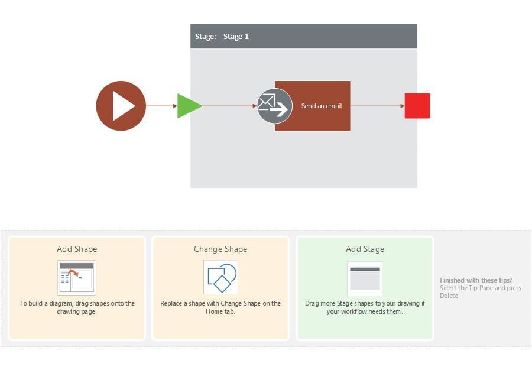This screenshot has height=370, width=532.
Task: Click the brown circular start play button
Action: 121,106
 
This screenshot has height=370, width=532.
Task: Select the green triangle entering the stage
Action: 188,106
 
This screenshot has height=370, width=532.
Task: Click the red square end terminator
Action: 417,106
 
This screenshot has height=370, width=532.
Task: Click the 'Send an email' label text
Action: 322,106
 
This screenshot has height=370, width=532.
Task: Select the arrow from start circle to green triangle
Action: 161,106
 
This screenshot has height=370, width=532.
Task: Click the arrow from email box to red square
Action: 377,106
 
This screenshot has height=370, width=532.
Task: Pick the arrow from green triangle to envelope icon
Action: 229,106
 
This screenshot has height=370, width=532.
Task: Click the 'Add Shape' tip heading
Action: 77,249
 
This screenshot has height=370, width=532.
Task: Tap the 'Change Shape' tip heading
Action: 220,249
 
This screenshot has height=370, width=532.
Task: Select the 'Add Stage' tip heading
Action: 365,249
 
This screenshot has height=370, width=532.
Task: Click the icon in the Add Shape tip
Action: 77,277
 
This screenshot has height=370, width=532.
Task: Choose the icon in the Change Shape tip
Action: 220,277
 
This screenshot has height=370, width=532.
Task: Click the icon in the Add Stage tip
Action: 365,278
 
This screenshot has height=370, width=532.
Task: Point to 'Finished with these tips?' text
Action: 476,280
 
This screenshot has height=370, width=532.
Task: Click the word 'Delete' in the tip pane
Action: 449,296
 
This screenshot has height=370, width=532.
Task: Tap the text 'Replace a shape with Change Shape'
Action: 220,303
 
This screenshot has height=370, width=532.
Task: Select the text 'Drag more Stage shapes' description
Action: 365,303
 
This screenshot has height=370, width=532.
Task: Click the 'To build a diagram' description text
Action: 77,303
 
